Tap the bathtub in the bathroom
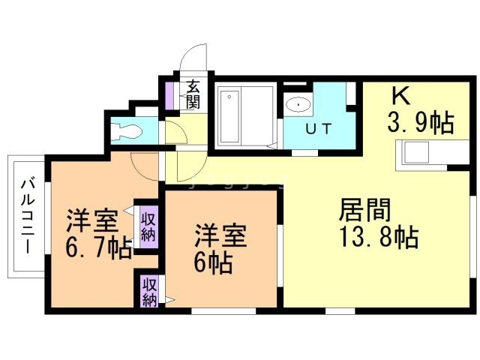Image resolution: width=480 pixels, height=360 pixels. tap(229, 117)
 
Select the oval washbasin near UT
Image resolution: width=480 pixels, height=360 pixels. tap(298, 105)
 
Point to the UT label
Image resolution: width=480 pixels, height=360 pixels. tap(319, 129)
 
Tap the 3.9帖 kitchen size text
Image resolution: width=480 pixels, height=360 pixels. tap(421, 122)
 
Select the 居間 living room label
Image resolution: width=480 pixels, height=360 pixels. tap(364, 210)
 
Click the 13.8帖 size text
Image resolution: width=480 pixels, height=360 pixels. tap(379, 237)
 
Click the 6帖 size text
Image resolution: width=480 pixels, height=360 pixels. tap(213, 262)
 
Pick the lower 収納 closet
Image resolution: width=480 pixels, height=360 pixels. tap(149, 292)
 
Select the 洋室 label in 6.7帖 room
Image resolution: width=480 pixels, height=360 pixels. tap(93, 220)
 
